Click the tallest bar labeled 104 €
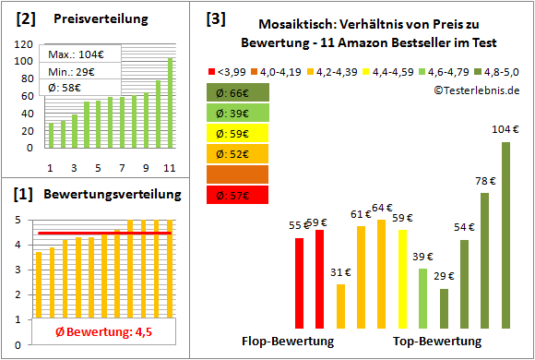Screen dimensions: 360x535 pyautogui.click(x=505, y=234)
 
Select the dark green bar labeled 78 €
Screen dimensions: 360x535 pyautogui.click(x=485, y=260)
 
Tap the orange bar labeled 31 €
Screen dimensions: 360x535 pyautogui.click(x=340, y=306)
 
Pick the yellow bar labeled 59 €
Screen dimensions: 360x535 pyautogui.click(x=402, y=279)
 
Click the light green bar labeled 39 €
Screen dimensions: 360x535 pyautogui.click(x=422, y=297)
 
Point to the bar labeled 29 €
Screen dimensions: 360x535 pyautogui.click(x=444, y=308)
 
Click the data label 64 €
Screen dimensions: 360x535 pyautogui.click(x=382, y=208)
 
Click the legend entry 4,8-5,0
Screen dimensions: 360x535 pyautogui.click(x=503, y=70)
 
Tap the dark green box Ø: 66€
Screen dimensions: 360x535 pyautogui.click(x=238, y=92)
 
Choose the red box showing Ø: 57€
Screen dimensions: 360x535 pyautogui.click(x=238, y=194)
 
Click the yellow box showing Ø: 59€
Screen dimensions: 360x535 pyautogui.click(x=238, y=133)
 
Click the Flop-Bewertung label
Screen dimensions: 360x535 pyautogui.click(x=288, y=341)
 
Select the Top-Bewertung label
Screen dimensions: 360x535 pyautogui.click(x=437, y=341)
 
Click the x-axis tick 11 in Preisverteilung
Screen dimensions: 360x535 pyautogui.click(x=169, y=168)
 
